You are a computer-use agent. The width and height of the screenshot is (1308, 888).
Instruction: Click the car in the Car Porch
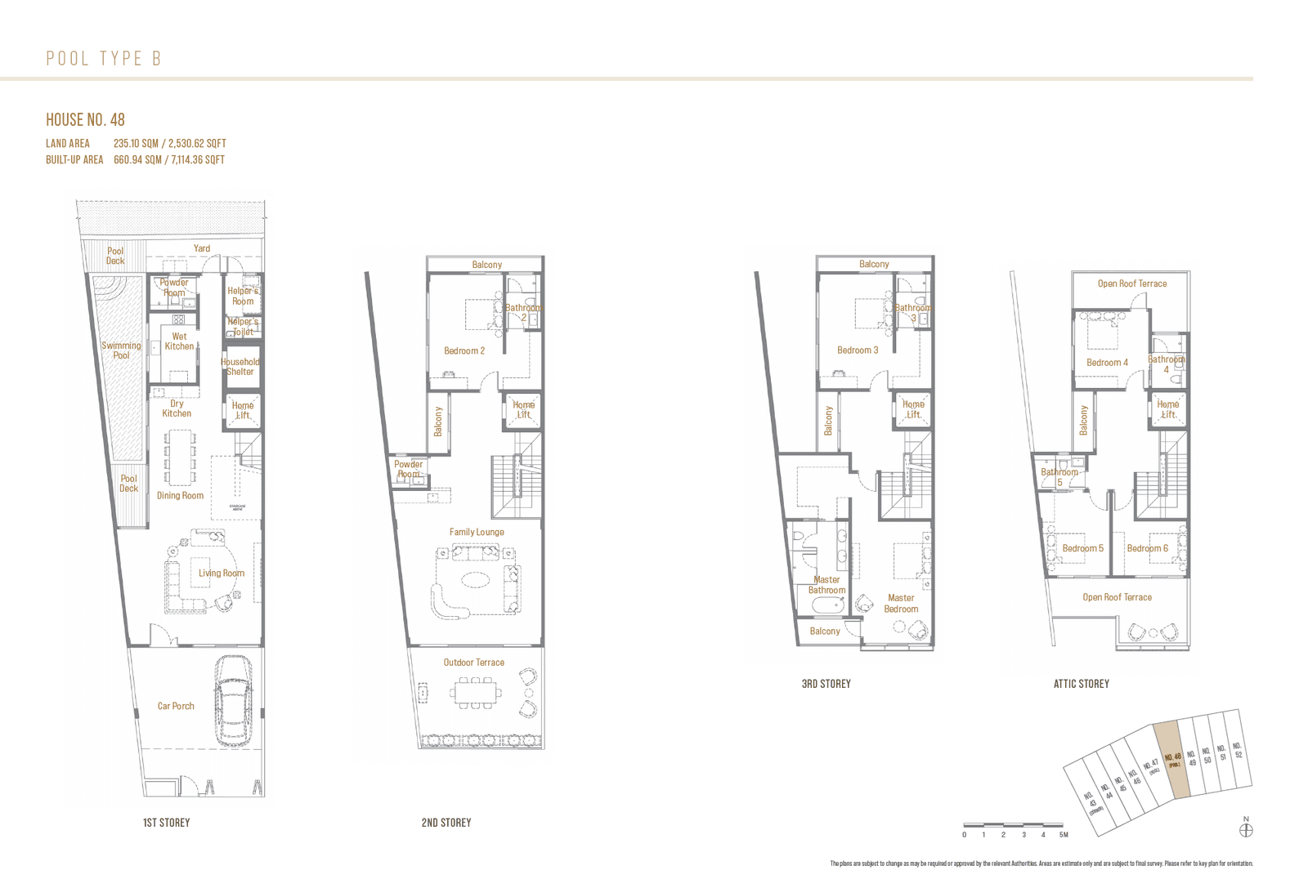click(235, 701)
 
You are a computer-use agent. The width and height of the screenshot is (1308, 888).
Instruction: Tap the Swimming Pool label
click(121, 350)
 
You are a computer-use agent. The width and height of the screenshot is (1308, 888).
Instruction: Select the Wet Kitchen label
click(179, 341)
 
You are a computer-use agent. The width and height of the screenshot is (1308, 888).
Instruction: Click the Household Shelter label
click(240, 367)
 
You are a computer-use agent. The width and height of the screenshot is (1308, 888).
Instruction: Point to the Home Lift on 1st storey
click(243, 410)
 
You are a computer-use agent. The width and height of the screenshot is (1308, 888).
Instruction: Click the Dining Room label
click(180, 496)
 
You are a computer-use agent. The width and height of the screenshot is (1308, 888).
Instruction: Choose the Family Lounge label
click(477, 532)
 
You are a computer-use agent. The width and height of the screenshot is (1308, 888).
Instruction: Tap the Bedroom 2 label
click(464, 350)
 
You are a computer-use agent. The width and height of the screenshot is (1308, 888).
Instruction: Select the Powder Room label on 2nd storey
click(408, 469)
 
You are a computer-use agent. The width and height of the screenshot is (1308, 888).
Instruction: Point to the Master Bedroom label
click(901, 604)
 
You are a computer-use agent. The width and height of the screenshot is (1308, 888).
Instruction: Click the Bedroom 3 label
click(858, 350)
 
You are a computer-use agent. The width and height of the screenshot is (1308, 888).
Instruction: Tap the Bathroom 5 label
click(1059, 477)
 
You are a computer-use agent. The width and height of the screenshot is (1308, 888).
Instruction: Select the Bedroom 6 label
click(1147, 548)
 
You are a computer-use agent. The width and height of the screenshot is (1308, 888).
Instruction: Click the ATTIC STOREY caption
click(1081, 684)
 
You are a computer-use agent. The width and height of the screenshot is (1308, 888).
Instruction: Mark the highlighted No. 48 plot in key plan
click(1173, 760)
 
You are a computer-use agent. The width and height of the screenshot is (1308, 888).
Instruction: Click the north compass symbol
click(1246, 830)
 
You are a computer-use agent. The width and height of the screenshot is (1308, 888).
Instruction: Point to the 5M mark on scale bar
click(1063, 834)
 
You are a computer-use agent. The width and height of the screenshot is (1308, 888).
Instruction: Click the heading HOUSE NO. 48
click(85, 120)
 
